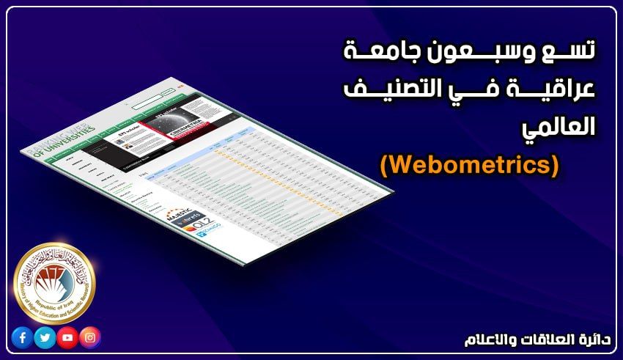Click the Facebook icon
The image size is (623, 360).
pos(22,338)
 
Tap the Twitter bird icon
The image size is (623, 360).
pos(45,338)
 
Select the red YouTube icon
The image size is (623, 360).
pos(67,338)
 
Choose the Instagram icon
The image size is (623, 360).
pos(90,338)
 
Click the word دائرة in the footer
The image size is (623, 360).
pos(589,340)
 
